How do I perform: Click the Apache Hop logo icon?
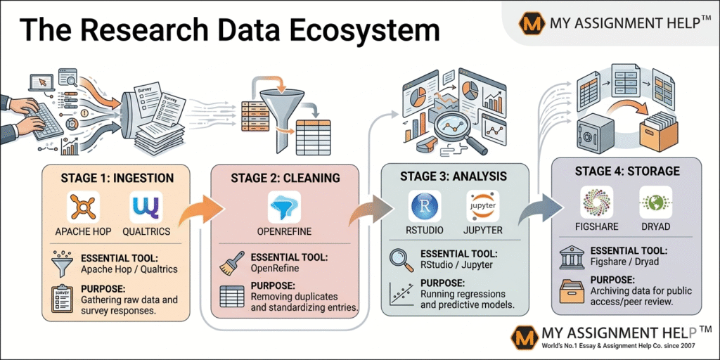(82, 208)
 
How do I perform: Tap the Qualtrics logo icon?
(146, 208)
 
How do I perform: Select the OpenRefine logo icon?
(284, 208)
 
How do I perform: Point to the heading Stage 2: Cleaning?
(284, 178)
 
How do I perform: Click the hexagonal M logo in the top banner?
(532, 23)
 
